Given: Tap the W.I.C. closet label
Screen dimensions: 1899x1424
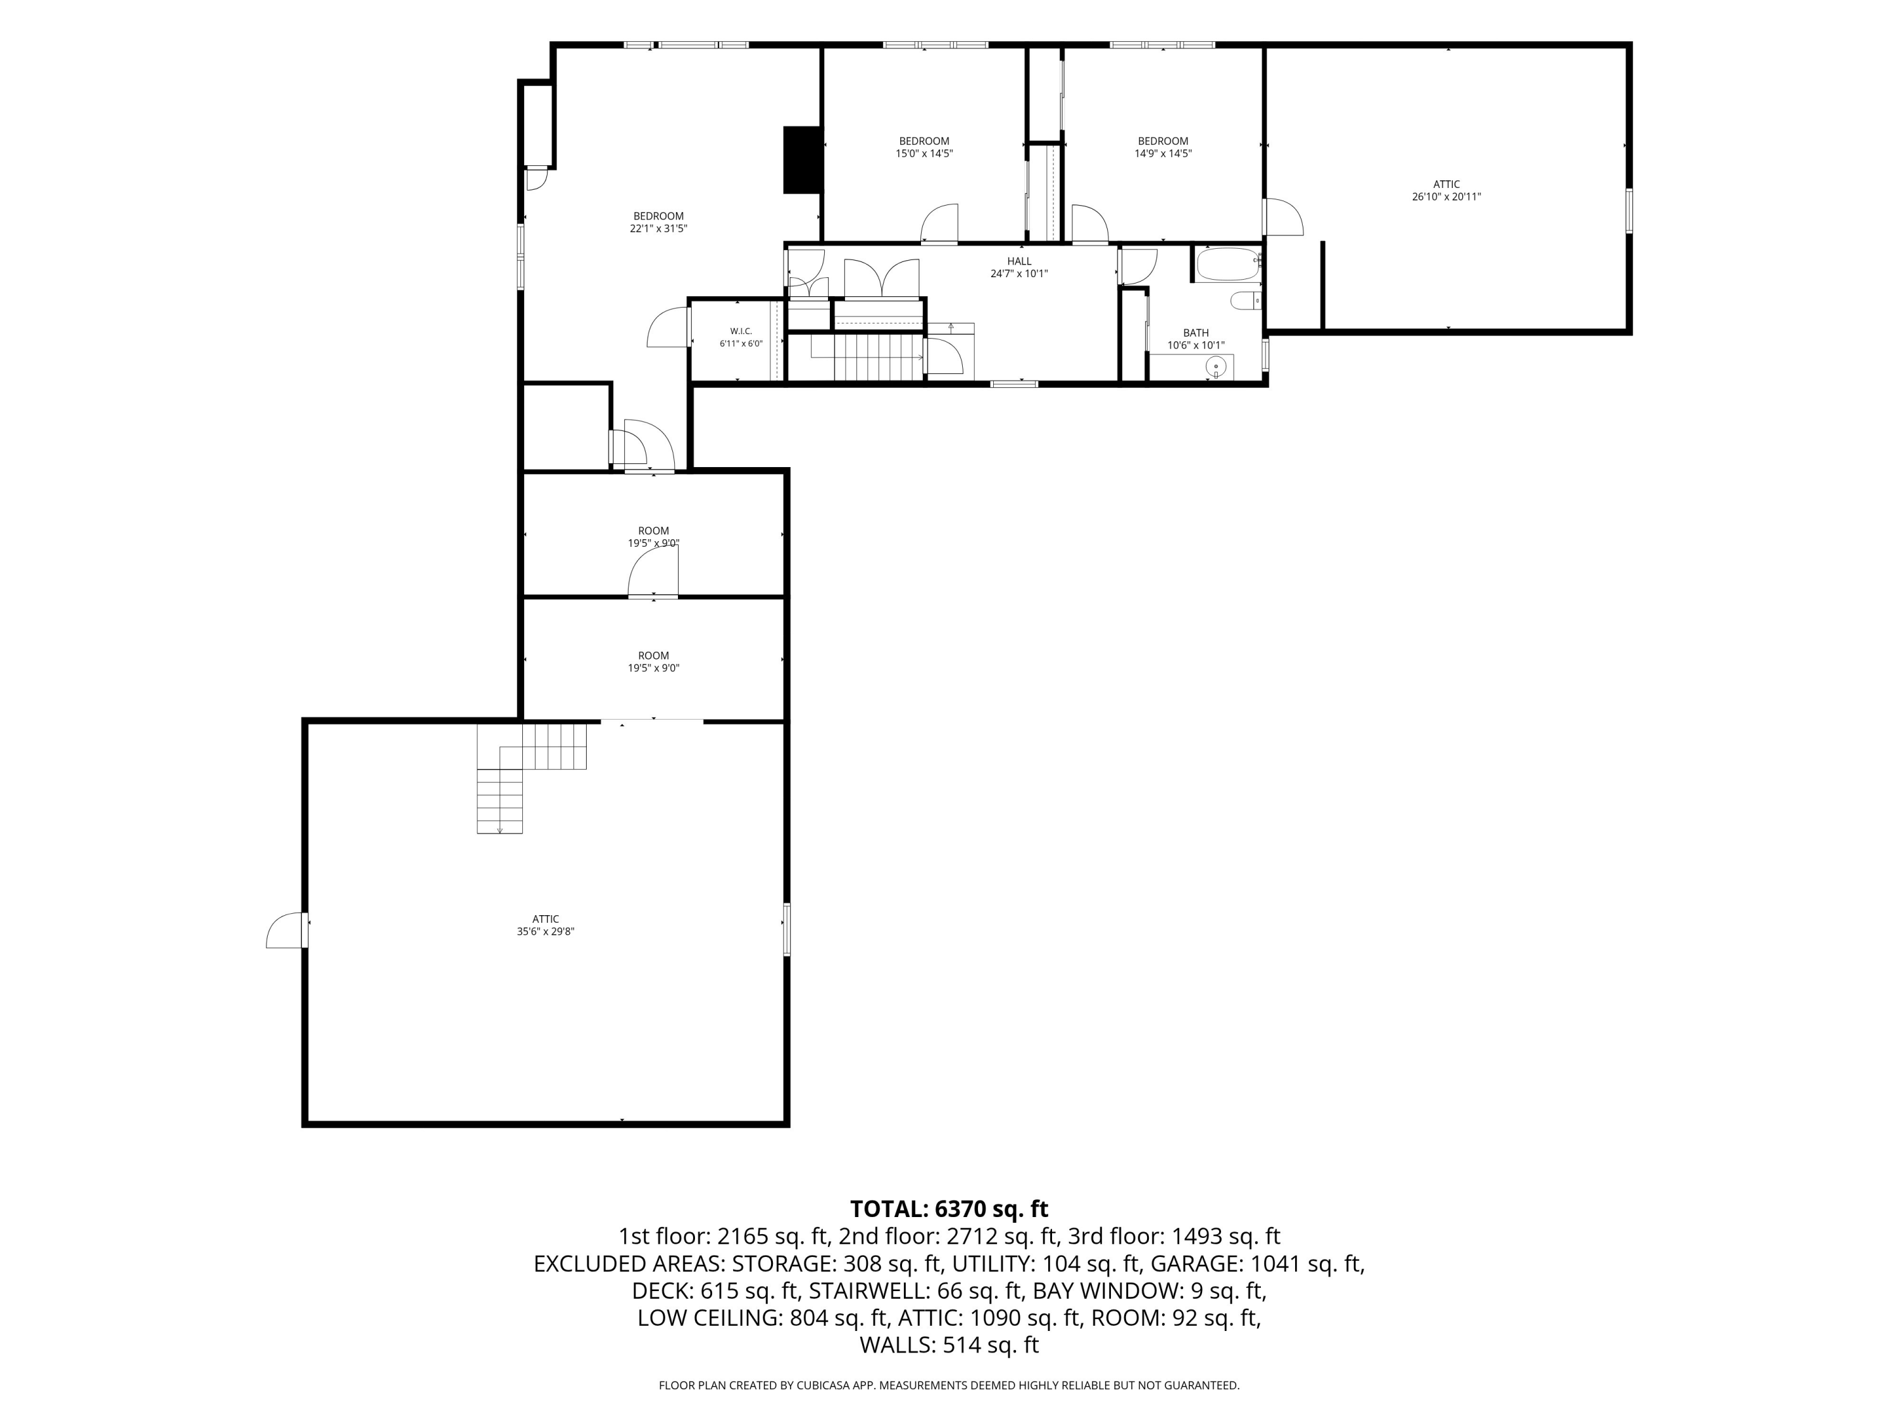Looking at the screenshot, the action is (x=741, y=332).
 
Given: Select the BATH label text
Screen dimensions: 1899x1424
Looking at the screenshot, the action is (x=1196, y=333).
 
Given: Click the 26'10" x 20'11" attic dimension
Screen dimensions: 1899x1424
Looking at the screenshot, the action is (x=1446, y=197).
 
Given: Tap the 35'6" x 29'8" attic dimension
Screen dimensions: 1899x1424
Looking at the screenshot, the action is (x=545, y=932).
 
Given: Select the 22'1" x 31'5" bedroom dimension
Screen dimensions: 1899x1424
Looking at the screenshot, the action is (x=658, y=228).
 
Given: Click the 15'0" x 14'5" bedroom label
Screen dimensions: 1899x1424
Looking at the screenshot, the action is (x=925, y=147).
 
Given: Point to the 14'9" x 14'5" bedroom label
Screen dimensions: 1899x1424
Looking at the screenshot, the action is (x=1163, y=147).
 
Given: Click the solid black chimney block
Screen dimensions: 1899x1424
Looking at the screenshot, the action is (x=803, y=161).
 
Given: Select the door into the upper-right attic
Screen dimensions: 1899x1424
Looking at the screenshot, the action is (x=1284, y=217).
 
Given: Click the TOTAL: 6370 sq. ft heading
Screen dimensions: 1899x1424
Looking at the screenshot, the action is (x=949, y=1209).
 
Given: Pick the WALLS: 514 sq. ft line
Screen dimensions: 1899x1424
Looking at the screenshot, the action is (x=949, y=1345).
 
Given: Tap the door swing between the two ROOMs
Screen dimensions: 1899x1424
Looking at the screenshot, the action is (x=653, y=571).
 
